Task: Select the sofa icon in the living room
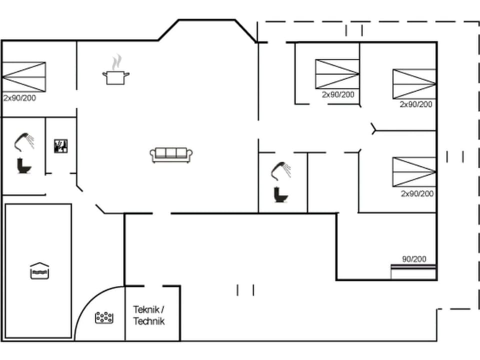pyautogui.click(x=171, y=154)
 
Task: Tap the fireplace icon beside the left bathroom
pyautogui.click(x=61, y=145)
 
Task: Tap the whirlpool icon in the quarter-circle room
pyautogui.click(x=104, y=317)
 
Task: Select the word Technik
pyautogui.click(x=148, y=321)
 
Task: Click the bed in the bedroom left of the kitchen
pyautogui.click(x=23, y=77)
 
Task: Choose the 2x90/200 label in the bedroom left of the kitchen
pyautogui.click(x=19, y=98)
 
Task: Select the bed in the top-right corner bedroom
pyautogui.click(x=414, y=84)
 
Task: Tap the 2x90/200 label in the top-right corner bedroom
pyautogui.click(x=416, y=104)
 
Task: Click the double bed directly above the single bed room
pyautogui.click(x=414, y=172)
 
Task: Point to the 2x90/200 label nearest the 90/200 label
pyautogui.click(x=417, y=193)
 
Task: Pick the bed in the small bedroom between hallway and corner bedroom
pyautogui.click(x=337, y=74)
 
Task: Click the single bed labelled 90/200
pyautogui.click(x=413, y=272)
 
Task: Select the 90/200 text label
pyautogui.click(x=414, y=259)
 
